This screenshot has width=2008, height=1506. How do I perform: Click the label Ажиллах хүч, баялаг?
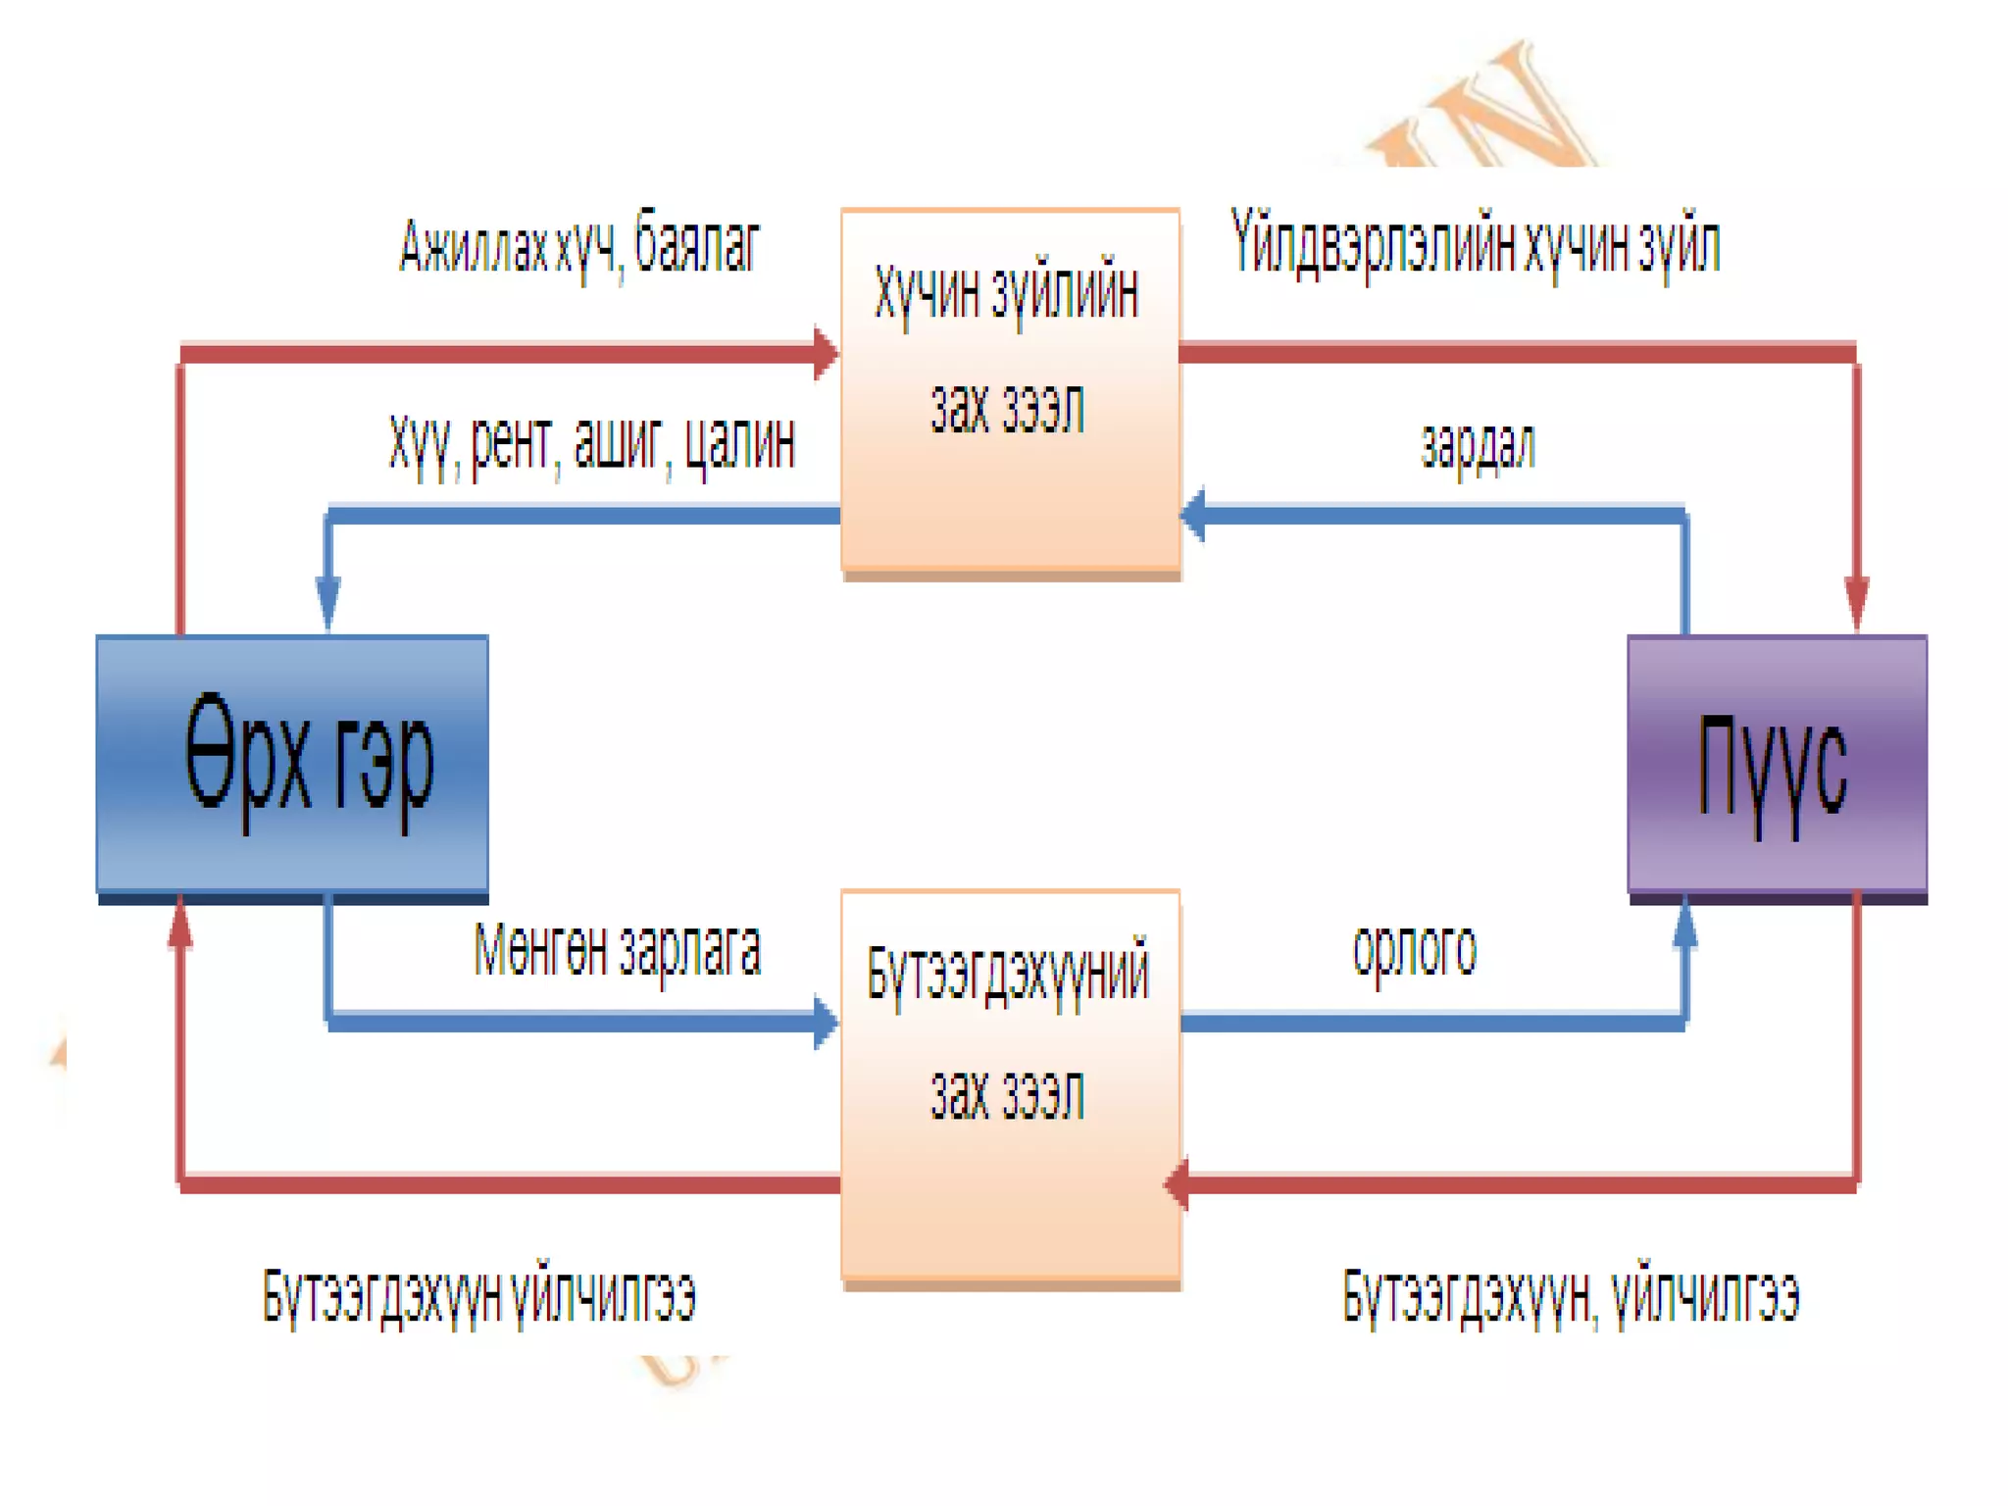point(579,245)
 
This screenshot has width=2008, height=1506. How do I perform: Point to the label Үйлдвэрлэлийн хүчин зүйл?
point(1475,245)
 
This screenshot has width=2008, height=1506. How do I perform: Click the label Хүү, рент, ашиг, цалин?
point(591,446)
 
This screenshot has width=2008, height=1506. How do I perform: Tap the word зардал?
point(1478,446)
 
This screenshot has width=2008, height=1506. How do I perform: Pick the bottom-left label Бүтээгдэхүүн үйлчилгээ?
point(478,1296)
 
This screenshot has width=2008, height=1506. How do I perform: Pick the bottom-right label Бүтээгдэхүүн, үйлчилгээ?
point(1570,1296)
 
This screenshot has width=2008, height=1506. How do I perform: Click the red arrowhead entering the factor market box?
point(826,353)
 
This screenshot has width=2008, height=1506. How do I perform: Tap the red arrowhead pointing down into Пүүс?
point(1856,603)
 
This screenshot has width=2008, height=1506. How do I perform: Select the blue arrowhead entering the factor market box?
point(1193,514)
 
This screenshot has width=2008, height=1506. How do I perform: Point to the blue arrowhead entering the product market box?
point(826,1023)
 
